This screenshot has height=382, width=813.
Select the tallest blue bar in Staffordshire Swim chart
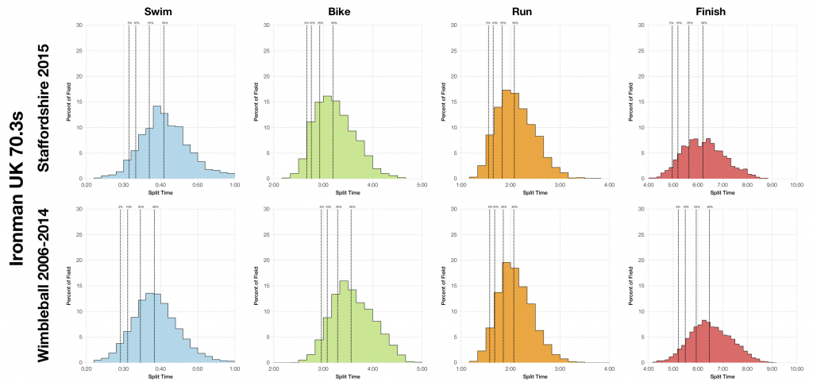coord(157,143)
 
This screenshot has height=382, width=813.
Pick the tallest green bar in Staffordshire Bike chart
coord(327,138)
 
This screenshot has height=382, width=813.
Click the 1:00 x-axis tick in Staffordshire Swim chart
coord(235,187)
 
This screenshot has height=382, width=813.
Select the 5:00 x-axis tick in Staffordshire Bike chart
coord(421,187)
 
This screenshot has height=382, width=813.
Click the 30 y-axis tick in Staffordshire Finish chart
coord(642,25)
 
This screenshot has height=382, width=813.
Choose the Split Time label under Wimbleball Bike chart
coord(346,377)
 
